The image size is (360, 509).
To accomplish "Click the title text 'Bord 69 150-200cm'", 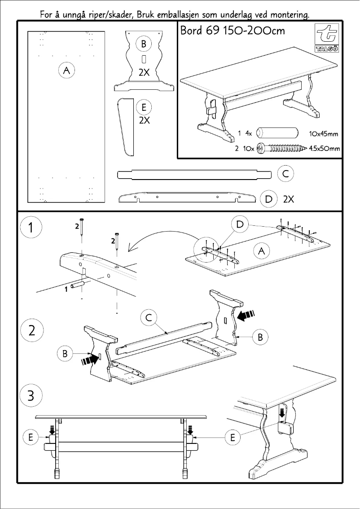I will (232, 31).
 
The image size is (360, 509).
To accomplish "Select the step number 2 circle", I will (31, 331).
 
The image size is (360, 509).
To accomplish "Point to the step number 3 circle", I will (31, 396).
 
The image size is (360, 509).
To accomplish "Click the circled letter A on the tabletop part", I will (66, 70).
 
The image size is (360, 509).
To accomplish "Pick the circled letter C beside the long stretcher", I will (285, 174).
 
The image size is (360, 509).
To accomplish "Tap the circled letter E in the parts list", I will (144, 108).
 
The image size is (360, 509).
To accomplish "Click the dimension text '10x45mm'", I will (324, 134).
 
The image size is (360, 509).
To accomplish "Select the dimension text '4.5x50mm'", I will (325, 149).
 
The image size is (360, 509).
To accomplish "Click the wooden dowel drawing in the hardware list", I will (277, 133).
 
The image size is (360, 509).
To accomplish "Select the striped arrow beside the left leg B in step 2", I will (90, 359).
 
